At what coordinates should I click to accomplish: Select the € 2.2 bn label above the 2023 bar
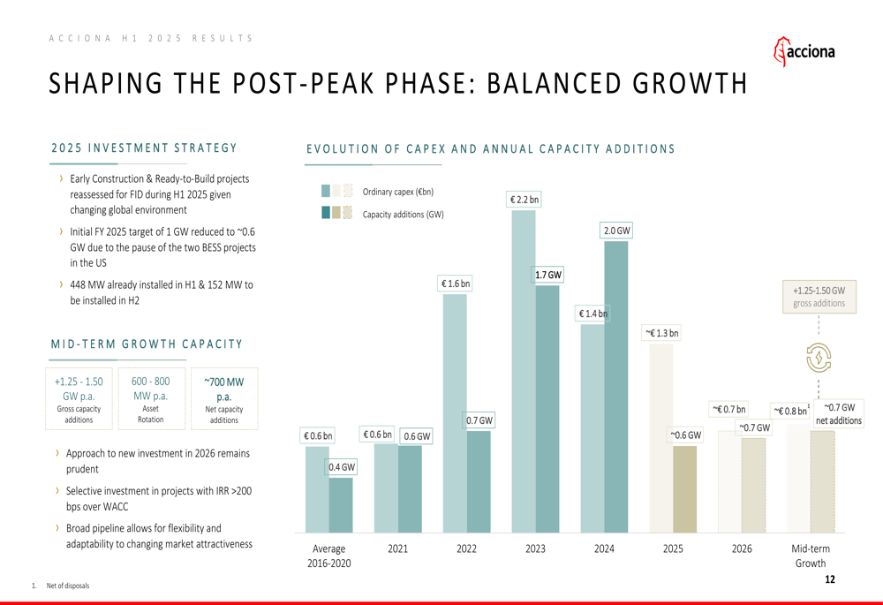(x=524, y=200)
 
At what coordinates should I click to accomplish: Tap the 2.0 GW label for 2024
(x=616, y=231)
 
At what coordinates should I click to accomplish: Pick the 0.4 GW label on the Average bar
(x=342, y=467)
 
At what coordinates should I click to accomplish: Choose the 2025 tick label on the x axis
(x=673, y=548)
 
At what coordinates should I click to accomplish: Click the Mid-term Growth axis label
(x=810, y=556)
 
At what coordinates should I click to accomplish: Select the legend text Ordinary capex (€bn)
(x=398, y=192)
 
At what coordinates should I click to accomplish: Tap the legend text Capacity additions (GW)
(x=403, y=214)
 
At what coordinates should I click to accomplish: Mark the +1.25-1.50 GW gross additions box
(x=819, y=296)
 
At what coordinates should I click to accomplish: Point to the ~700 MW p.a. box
(x=224, y=398)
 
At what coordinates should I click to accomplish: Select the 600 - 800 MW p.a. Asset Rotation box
(x=150, y=398)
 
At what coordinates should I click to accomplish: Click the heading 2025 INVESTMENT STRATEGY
(x=144, y=148)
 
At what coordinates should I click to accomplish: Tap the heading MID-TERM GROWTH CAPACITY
(x=147, y=344)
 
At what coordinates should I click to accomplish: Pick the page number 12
(x=829, y=580)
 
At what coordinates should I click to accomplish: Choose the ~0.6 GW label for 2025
(x=684, y=435)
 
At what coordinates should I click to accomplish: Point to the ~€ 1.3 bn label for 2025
(x=661, y=333)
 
